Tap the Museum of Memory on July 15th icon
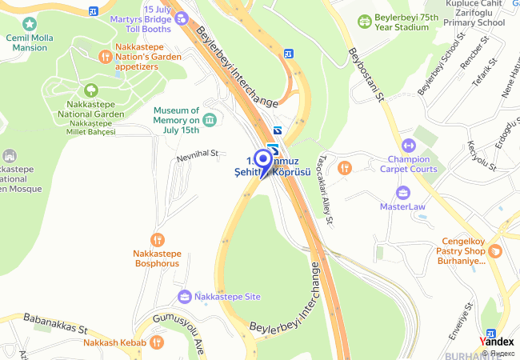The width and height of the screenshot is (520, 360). (210, 120)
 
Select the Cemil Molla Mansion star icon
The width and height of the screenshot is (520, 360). (30, 25)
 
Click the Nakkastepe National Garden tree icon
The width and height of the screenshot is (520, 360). (90, 90)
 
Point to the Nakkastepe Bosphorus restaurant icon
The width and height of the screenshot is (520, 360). (158, 239)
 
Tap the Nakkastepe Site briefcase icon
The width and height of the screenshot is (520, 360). (185, 296)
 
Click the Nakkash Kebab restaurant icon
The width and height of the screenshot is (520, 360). (157, 342)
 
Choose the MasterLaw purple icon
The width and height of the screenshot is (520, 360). (402, 192)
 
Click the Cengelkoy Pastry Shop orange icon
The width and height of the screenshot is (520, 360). (496, 250)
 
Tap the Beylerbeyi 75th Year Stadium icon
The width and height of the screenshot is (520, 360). (365, 20)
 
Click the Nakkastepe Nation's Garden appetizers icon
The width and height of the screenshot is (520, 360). (105, 56)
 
